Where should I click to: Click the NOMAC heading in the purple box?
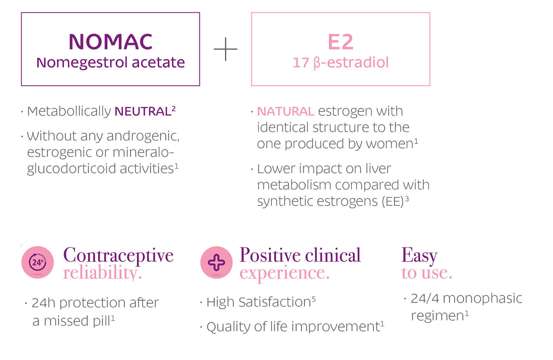point(110,42)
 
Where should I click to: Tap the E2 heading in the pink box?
point(340,42)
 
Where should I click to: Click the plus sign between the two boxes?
point(225,49)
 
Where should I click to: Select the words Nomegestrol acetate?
point(110,62)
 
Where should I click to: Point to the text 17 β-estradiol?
point(341,62)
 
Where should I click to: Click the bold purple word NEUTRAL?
point(143,111)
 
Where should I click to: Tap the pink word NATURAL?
point(286,111)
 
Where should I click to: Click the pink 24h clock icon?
point(38,262)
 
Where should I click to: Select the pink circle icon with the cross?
point(216,262)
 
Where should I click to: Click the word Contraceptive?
point(118,255)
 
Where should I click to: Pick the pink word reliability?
point(102,273)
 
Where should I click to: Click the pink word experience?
point(284,273)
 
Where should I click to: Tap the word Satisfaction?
point(275,302)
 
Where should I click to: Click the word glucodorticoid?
point(72,169)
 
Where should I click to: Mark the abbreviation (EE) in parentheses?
point(393,201)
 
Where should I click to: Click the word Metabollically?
point(69,111)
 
